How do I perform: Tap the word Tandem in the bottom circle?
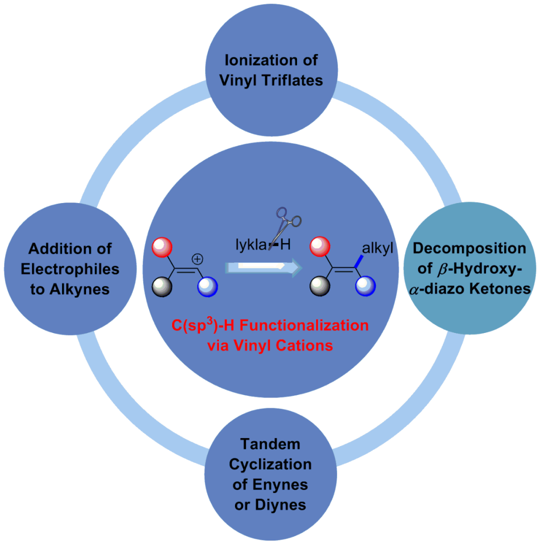(270, 443)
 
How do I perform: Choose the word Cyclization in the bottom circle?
(270, 464)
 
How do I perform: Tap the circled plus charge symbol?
(198, 259)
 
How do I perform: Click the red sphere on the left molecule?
(163, 247)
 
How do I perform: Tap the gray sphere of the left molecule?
(162, 287)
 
